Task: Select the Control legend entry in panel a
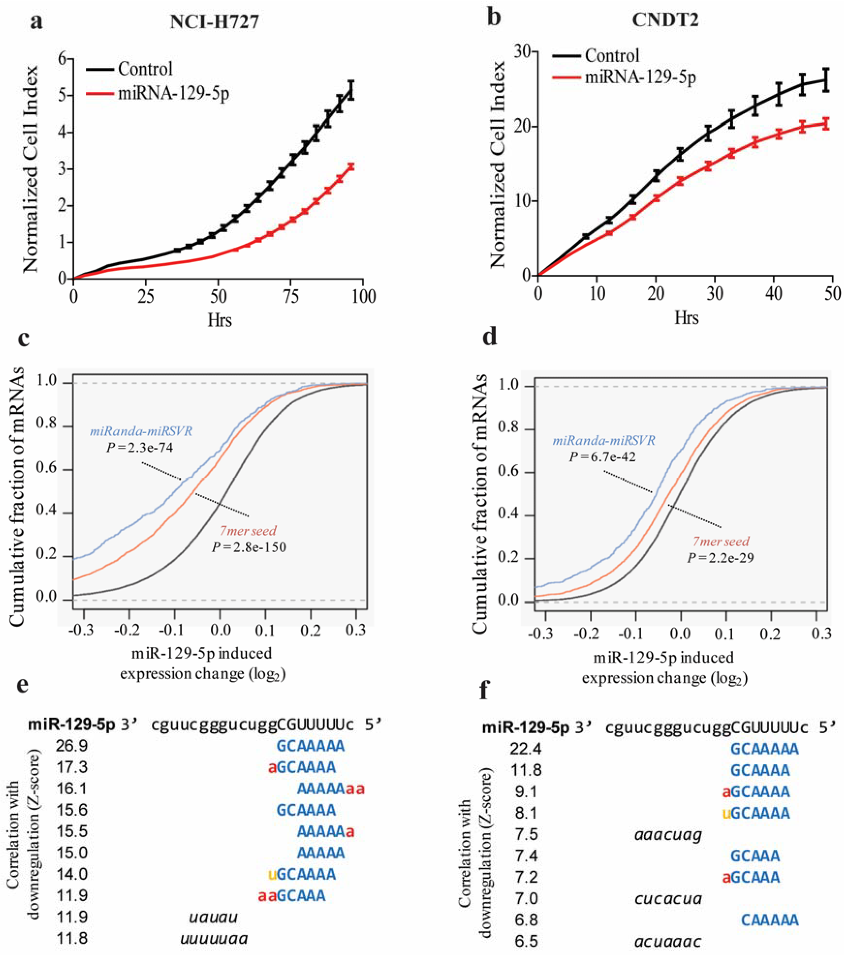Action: click(x=145, y=69)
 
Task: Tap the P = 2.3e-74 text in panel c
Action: click(x=139, y=448)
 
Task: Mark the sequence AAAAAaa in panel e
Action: click(x=331, y=789)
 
